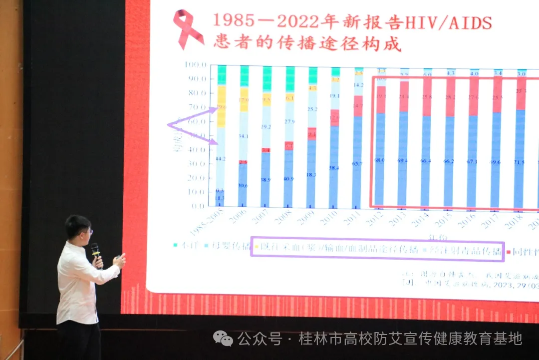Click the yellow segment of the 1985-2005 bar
(x=221, y=106)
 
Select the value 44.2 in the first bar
(x=220, y=159)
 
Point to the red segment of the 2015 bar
(x=450, y=97)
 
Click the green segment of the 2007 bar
(x=267, y=79)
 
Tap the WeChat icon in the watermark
(x=223, y=339)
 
